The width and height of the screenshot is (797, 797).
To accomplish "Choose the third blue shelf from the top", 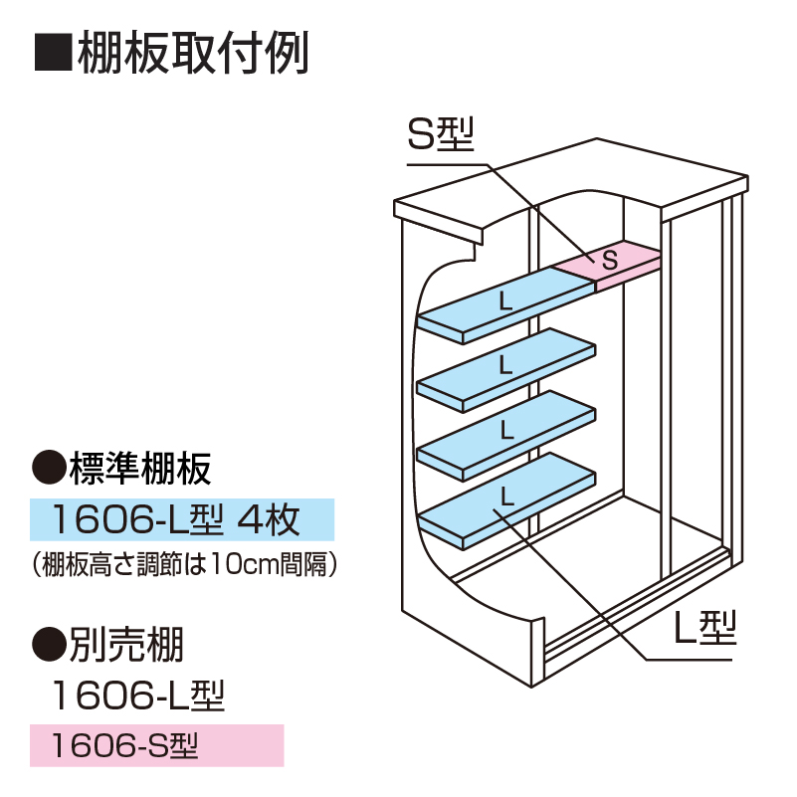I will (x=505, y=431).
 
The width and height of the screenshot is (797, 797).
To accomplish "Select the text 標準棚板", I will (x=139, y=466).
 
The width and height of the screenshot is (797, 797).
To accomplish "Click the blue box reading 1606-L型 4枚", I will (x=182, y=518).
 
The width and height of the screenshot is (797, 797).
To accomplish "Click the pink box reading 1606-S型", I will (x=157, y=744).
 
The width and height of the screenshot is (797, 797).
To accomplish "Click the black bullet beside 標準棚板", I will (x=49, y=466).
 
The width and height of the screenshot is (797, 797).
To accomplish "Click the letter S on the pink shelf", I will (x=610, y=261).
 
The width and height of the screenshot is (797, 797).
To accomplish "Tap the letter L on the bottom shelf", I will (x=506, y=494).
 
